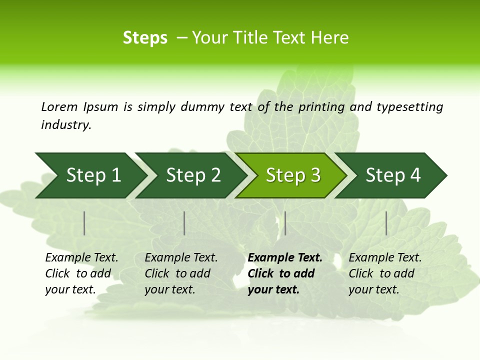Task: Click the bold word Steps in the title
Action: [145, 38]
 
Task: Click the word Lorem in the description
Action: [59, 106]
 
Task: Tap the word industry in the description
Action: [66, 124]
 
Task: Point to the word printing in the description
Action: [322, 106]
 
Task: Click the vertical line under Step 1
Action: [84, 223]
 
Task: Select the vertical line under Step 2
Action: [184, 223]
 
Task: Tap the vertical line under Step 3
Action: [285, 223]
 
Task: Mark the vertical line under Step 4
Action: [386, 223]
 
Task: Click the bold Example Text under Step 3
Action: [285, 258]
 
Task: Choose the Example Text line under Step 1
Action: [81, 258]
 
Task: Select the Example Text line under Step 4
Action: [385, 258]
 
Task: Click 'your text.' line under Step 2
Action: [170, 289]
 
